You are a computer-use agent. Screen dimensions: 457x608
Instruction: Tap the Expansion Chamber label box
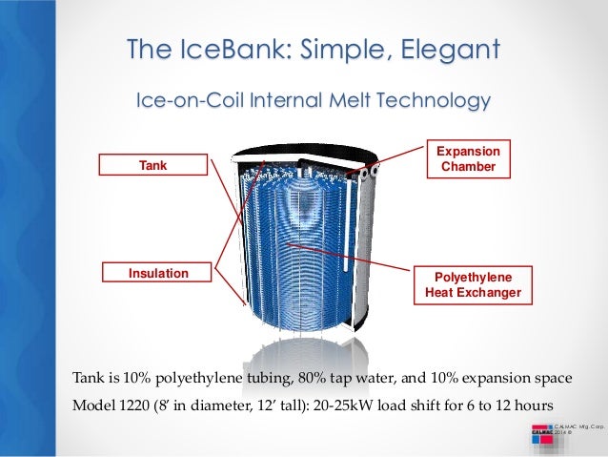coord(467,159)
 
